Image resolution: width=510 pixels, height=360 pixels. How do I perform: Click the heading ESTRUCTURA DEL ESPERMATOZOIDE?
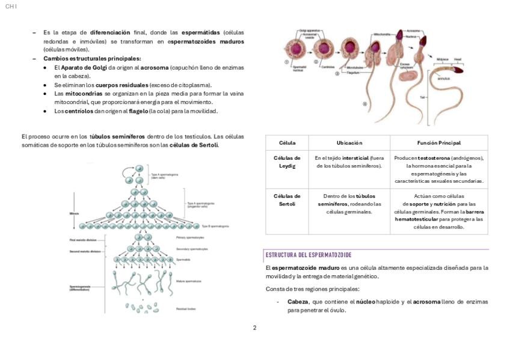[309, 255]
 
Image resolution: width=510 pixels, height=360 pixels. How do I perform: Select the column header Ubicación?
[349, 143]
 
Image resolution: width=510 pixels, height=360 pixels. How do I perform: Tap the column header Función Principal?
[438, 143]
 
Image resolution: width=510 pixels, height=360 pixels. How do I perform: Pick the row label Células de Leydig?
[287, 162]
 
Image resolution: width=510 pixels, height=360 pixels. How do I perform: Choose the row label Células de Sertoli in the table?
[287, 200]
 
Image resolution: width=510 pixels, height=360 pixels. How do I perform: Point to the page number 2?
[254, 328]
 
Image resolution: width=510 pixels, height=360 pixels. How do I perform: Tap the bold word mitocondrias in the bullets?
[84, 94]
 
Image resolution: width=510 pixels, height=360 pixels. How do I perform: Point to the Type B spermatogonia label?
[215, 226]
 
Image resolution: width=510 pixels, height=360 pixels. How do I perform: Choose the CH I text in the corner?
[11, 6]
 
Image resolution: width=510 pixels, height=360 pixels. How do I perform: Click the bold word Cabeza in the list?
[298, 302]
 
